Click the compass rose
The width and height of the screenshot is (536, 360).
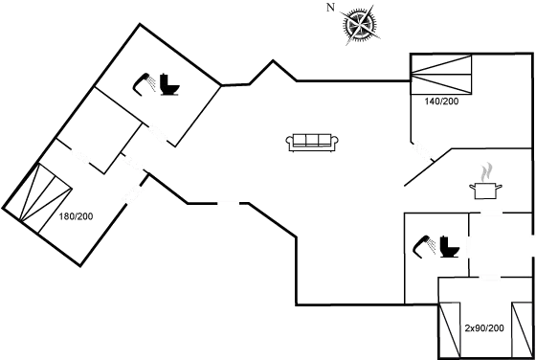click(360, 25)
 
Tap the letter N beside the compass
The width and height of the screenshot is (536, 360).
click(330, 8)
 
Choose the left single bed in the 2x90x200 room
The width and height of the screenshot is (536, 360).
click(447, 328)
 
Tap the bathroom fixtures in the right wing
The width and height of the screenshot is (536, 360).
click(436, 246)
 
